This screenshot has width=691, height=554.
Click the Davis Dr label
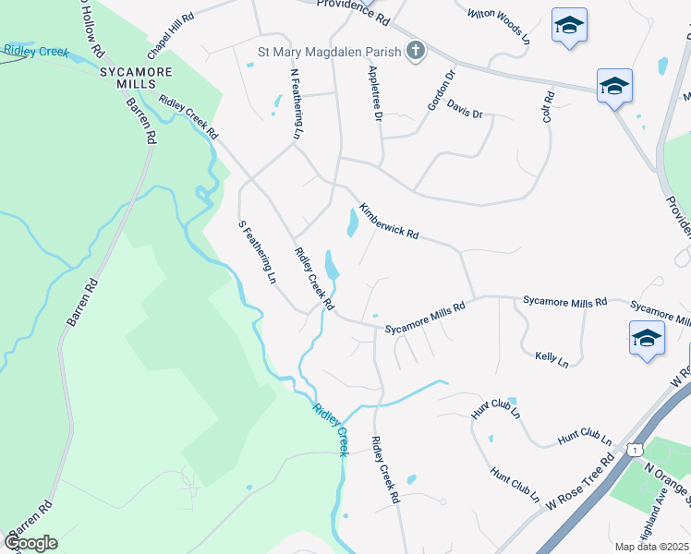(x=465, y=108)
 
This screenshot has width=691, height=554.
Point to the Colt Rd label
(x=548, y=107)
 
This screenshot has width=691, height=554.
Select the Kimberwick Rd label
(x=389, y=222)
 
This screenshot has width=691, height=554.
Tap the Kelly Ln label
(x=552, y=358)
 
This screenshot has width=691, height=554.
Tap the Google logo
(x=31, y=542)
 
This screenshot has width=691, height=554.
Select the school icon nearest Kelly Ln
(x=647, y=338)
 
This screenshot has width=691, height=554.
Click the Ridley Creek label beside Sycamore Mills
(x=36, y=52)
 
